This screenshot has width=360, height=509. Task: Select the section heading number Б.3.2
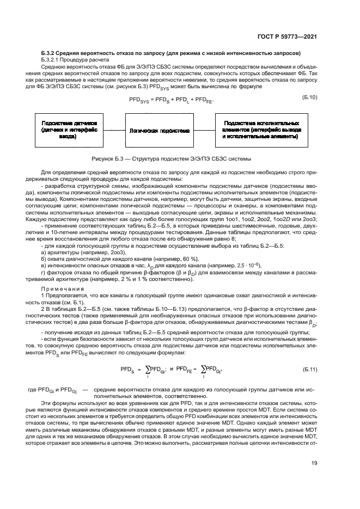(x=49, y=54)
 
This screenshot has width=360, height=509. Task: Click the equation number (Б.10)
(x=309, y=97)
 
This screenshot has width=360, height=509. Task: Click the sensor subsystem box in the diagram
(x=69, y=131)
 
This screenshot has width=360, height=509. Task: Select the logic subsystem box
(x=159, y=131)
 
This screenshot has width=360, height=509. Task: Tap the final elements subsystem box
(x=260, y=131)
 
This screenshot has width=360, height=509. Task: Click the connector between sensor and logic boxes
(x=114, y=131)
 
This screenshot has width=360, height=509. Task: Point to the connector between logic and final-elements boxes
(x=204, y=131)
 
